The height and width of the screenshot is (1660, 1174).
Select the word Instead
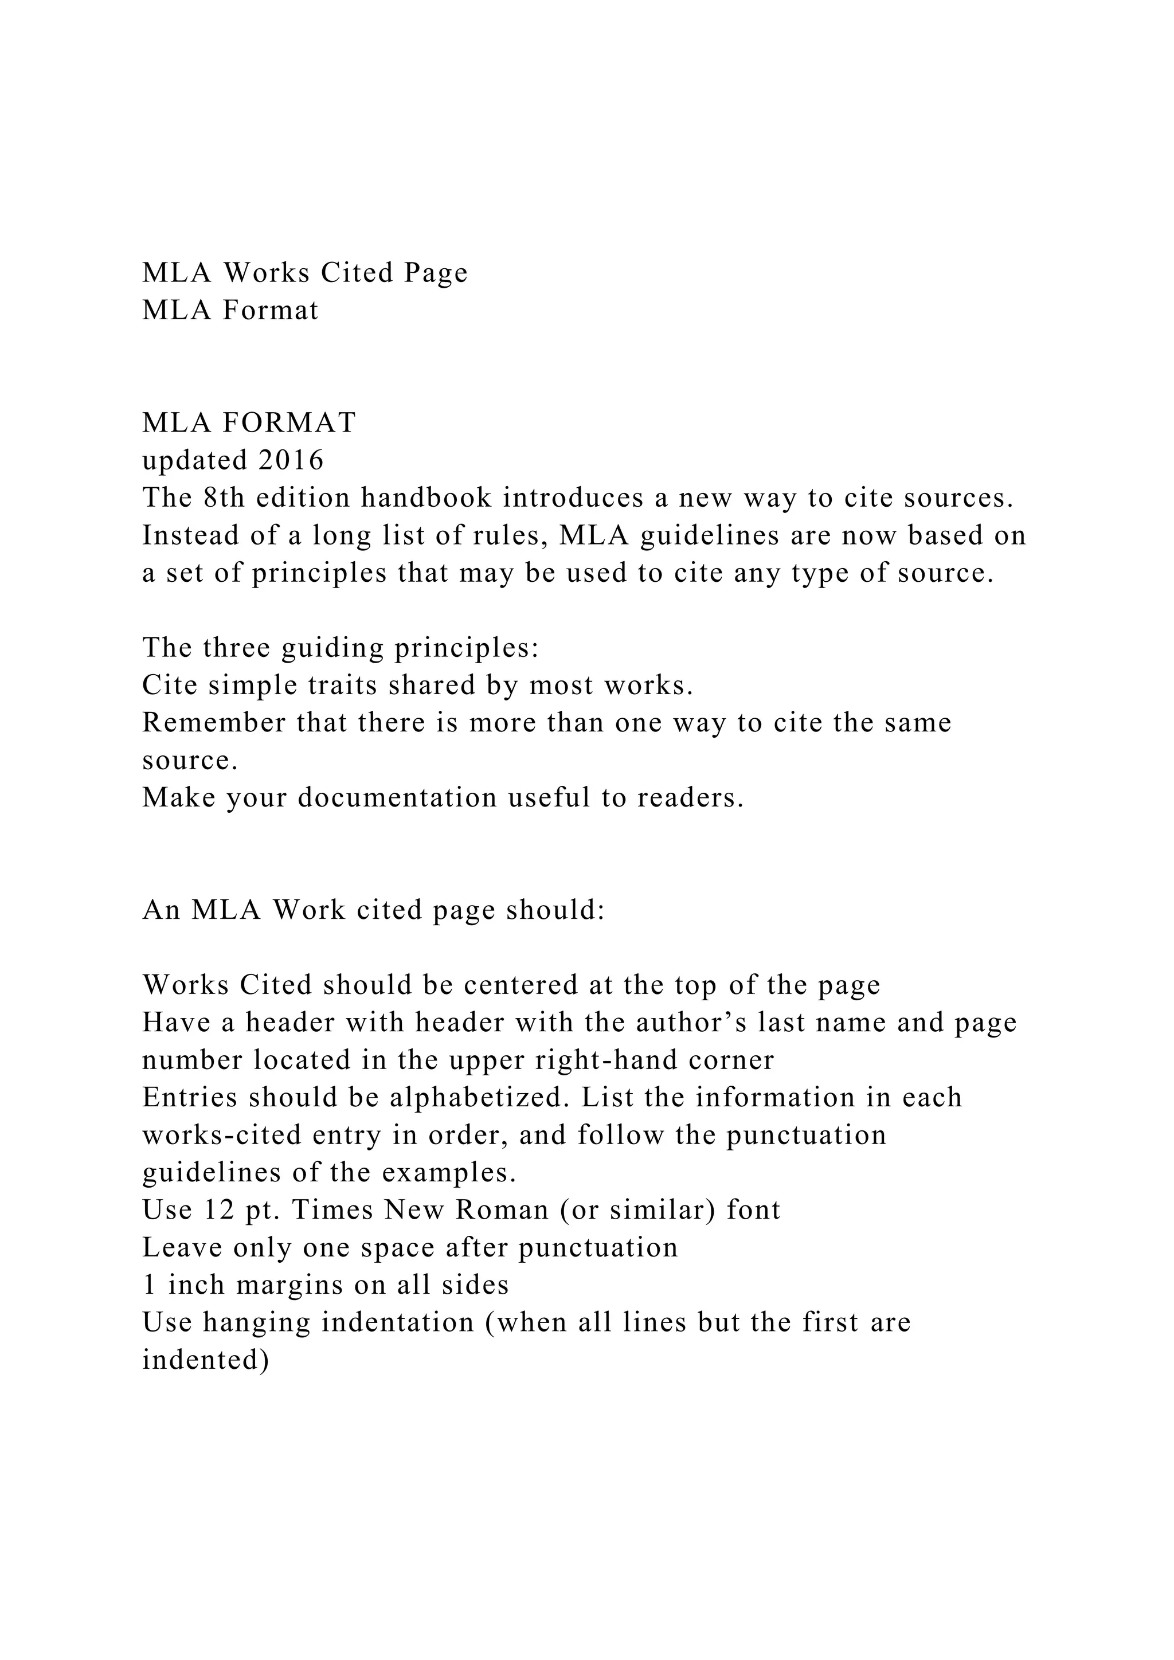pos(185,536)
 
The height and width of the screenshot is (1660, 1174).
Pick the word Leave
pos(172,1248)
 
